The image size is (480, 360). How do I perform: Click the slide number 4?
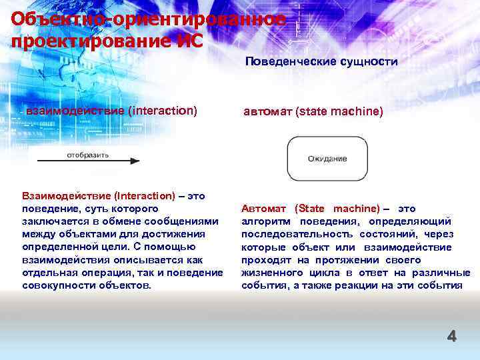(x=451, y=337)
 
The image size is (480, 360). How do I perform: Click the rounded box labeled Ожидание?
(x=327, y=158)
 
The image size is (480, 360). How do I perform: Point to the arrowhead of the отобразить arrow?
(x=135, y=161)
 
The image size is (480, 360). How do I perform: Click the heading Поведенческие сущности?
(x=321, y=61)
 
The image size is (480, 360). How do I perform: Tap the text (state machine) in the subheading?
(x=339, y=111)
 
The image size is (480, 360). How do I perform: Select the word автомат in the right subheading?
(x=267, y=111)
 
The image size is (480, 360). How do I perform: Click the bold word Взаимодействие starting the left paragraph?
(x=64, y=196)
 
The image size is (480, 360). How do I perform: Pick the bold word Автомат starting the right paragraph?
(x=265, y=209)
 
